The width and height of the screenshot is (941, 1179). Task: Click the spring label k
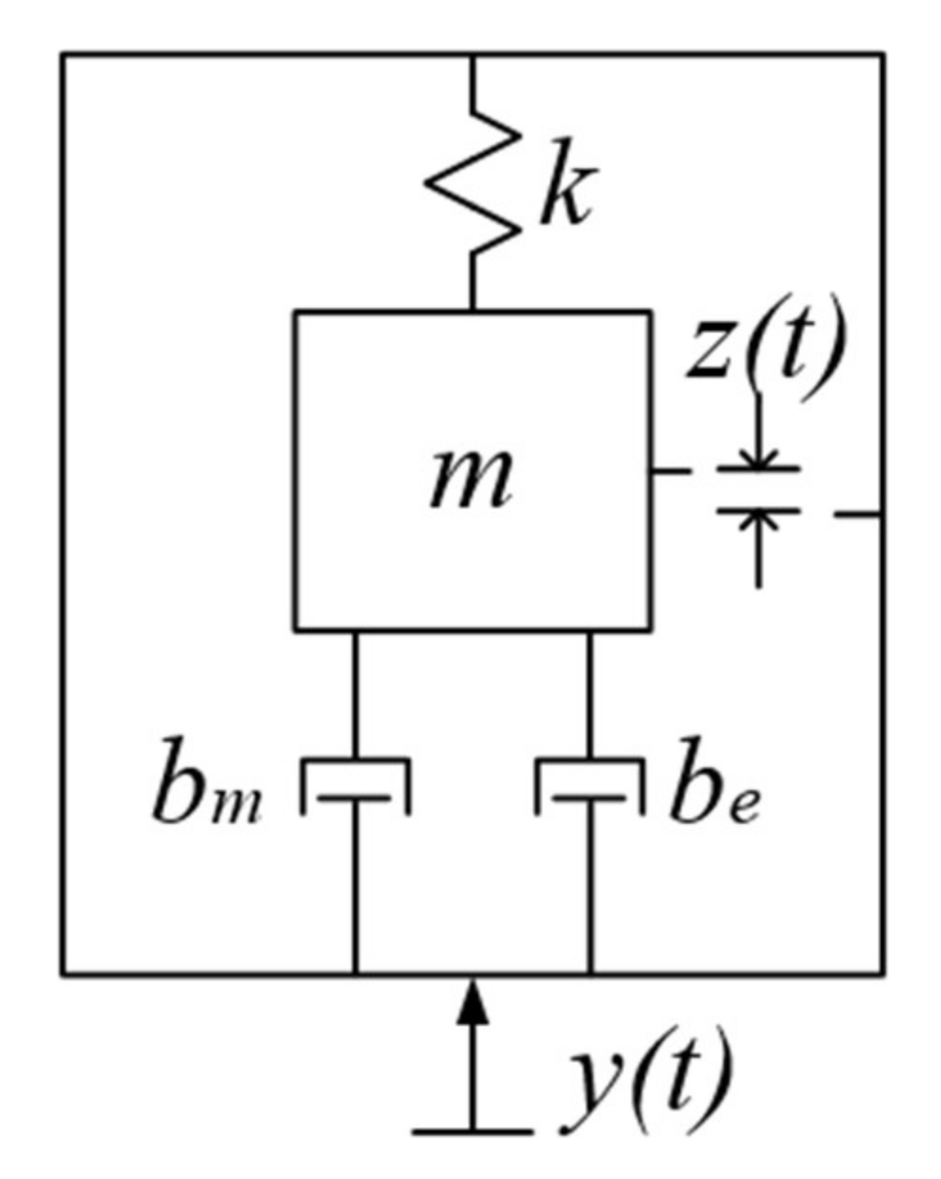click(565, 194)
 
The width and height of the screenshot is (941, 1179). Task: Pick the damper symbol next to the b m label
click(355, 784)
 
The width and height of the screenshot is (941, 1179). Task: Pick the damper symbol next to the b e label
click(590, 784)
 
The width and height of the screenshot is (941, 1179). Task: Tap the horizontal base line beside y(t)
click(472, 1130)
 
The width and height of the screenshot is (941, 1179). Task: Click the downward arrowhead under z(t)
click(758, 457)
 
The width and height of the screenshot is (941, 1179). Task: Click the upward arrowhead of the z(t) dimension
click(758, 521)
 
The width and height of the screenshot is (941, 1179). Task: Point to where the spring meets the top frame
click(472, 56)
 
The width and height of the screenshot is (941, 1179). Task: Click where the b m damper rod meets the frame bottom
click(355, 973)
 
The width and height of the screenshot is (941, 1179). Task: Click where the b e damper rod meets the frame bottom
click(590, 973)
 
